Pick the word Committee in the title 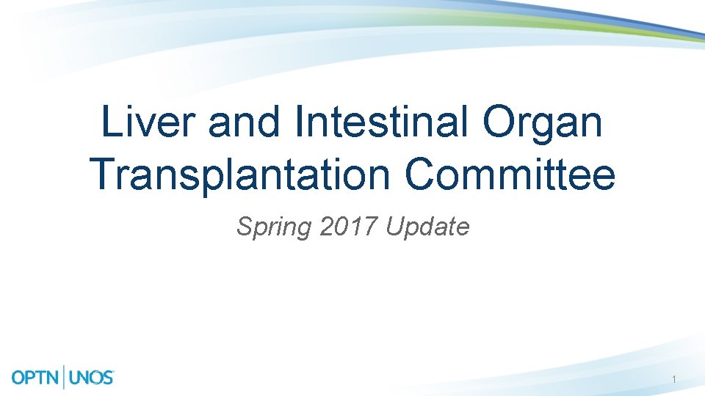pos(510,175)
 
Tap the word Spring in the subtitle pos(274,228)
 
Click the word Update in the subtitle pos(427,228)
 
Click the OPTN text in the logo pos(37,378)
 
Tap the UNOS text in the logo pos(92,378)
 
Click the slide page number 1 pos(674,380)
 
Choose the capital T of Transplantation pos(101,175)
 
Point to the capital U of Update pos(394,227)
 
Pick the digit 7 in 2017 pos(370,227)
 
